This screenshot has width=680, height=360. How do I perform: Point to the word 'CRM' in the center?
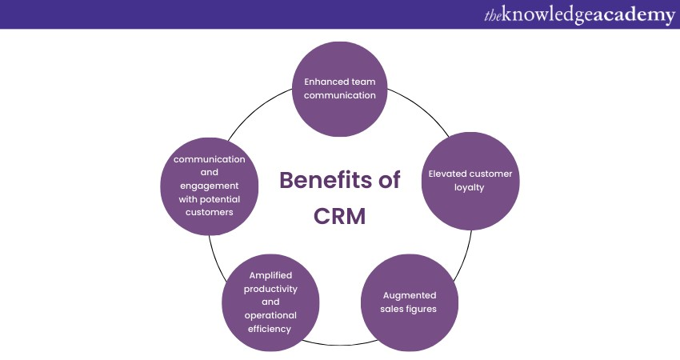tap(338, 216)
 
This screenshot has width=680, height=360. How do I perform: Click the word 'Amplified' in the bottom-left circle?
tap(270, 275)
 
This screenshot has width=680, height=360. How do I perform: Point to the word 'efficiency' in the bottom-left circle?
tap(270, 330)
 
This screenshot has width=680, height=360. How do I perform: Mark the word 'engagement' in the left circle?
tap(210, 186)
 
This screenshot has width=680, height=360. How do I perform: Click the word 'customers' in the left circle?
tap(210, 213)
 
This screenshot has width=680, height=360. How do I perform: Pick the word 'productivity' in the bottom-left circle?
tap(270, 289)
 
